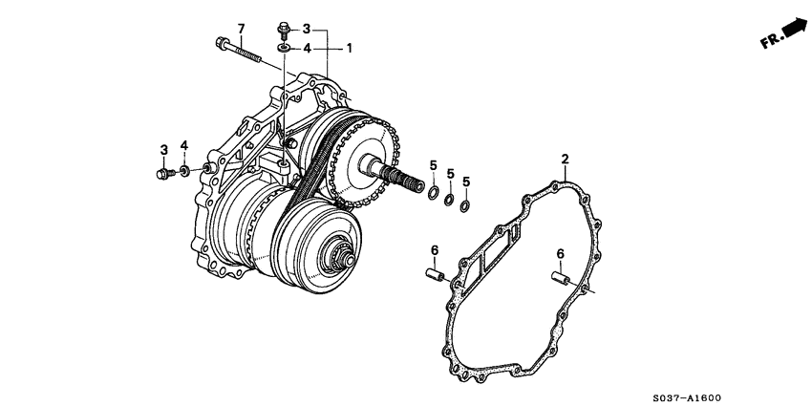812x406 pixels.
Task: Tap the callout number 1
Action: [x=349, y=47]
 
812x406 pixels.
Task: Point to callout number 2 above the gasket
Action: [x=565, y=159]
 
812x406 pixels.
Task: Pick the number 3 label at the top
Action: [x=307, y=29]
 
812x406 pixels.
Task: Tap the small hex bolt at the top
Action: [x=284, y=29]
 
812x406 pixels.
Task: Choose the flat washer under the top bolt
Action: [x=285, y=47]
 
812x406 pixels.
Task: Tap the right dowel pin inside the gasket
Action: [x=560, y=278]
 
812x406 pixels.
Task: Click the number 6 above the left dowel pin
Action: [x=434, y=250]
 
